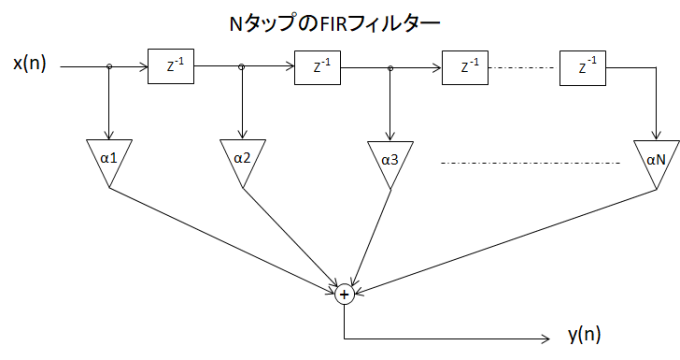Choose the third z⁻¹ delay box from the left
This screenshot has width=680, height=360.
click(462, 68)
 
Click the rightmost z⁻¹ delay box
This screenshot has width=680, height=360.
click(581, 68)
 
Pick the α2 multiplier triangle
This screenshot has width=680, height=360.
click(241, 159)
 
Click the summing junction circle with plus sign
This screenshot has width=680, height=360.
click(344, 294)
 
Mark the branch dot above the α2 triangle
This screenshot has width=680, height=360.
click(242, 68)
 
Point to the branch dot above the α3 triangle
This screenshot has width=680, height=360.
click(390, 68)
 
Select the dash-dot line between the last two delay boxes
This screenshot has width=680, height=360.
click(522, 68)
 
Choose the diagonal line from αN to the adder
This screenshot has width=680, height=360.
click(500, 239)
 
